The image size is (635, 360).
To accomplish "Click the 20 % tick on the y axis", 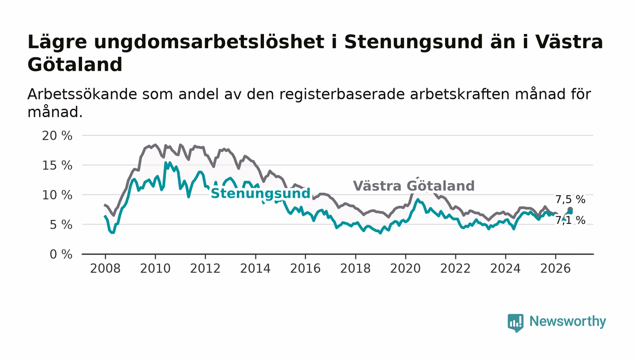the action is tap(57, 136).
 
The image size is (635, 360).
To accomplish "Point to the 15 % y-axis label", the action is tap(57, 165).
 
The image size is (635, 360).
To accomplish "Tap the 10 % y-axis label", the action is tap(57, 195).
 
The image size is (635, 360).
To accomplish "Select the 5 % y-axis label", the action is tap(61, 225).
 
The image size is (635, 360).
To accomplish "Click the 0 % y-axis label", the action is tap(61, 254).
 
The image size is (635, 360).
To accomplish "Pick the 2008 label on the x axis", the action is tap(105, 269).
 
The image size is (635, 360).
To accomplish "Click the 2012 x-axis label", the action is tap(205, 269).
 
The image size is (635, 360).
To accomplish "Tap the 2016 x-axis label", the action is tap(305, 269).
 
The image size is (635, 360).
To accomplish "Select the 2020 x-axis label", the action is tap(405, 269).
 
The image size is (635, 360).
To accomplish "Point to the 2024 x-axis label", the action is tap(505, 269).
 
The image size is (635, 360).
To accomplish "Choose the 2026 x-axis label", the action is tap(555, 269).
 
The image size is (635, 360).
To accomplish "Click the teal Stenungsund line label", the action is tap(260, 194).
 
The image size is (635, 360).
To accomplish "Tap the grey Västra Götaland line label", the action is tap(414, 186).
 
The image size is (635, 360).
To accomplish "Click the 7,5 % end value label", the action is tap(570, 199).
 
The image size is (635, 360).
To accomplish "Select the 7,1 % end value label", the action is tap(570, 220).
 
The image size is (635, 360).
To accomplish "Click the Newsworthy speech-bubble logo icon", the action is tap(515, 322).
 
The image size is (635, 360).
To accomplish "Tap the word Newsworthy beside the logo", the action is tap(567, 321).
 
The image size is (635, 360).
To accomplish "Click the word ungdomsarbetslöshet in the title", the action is tap(209, 43).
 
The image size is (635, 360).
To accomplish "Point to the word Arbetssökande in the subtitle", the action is tap(82, 94).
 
